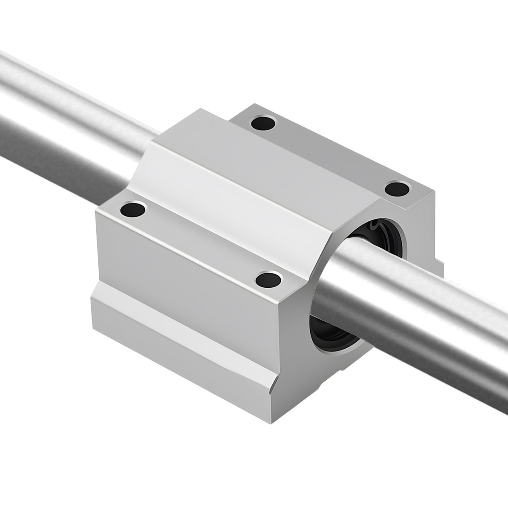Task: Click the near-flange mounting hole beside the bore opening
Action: coord(269,280)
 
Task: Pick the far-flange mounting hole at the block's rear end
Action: coord(263,124)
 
